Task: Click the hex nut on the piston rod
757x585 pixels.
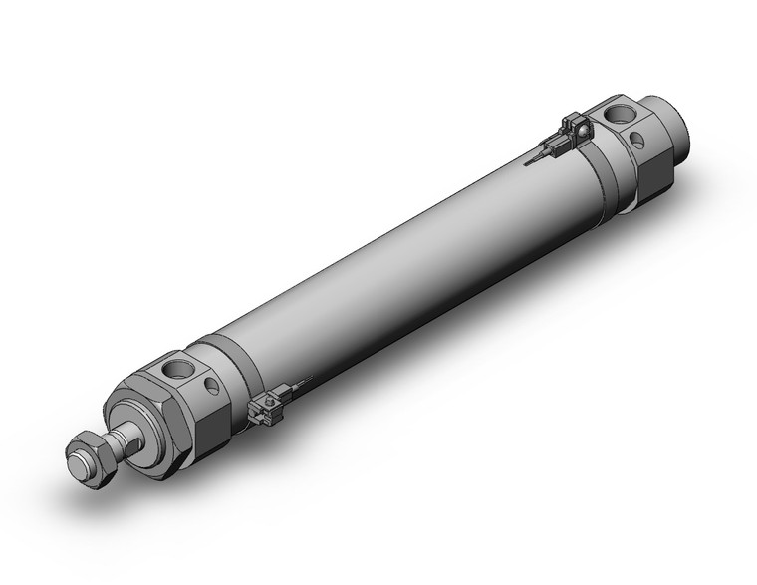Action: click(95, 460)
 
